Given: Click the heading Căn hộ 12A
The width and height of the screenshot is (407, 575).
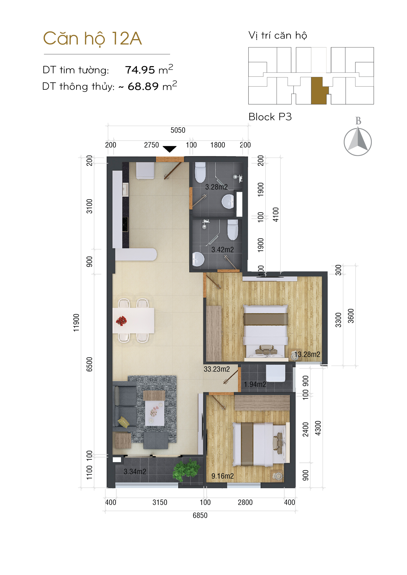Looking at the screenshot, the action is (x=92, y=39).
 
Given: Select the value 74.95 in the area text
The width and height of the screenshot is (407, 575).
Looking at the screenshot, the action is (x=140, y=70).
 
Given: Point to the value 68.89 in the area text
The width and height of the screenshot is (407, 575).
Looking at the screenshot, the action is (x=143, y=86).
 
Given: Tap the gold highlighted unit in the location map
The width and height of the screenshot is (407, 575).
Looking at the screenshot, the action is (x=318, y=91).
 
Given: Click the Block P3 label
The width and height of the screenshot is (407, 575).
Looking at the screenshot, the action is (x=270, y=117).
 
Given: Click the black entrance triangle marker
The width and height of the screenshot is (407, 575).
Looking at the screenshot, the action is (x=169, y=149).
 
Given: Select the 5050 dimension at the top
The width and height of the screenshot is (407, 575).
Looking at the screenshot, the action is (x=178, y=130).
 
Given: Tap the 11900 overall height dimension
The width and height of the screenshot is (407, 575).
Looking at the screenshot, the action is (x=76, y=323).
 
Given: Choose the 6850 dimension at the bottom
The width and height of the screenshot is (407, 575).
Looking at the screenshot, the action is (x=200, y=516).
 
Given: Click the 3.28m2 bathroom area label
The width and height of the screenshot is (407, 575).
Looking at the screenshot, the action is (x=216, y=187).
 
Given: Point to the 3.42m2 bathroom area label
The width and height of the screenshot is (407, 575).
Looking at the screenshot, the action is (x=222, y=250).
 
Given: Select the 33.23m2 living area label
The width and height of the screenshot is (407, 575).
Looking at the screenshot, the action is (x=217, y=369).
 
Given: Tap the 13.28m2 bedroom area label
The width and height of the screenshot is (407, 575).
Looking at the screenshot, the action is (x=307, y=354).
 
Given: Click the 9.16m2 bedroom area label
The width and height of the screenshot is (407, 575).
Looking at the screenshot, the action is (x=222, y=476).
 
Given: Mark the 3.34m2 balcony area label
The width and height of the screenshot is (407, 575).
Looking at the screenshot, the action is (x=135, y=471).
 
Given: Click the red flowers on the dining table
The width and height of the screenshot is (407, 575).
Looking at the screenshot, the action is (x=121, y=321).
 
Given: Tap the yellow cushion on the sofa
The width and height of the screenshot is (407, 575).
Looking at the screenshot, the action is (x=124, y=422).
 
